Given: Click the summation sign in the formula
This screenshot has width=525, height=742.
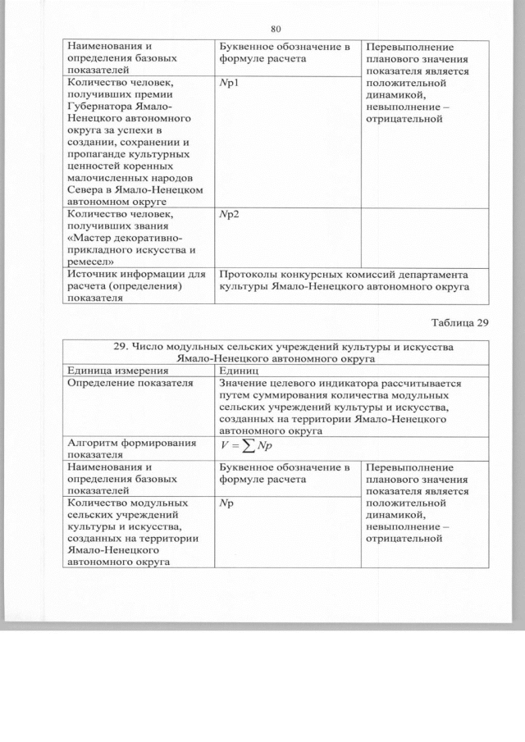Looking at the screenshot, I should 244,446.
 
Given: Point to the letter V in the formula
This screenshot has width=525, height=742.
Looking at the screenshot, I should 223,446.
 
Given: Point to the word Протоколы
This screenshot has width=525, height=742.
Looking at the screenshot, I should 249,275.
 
